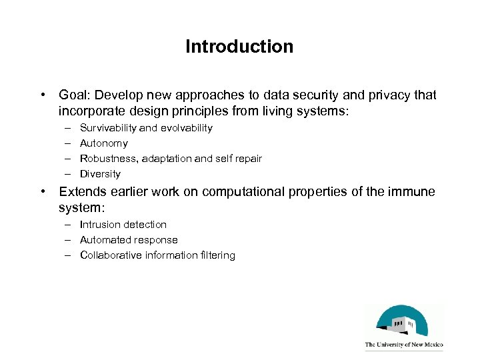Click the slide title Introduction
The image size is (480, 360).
tap(239, 47)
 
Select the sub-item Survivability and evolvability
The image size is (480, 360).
tap(146, 127)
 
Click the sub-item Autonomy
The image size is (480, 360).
tap(103, 143)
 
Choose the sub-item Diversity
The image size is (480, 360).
tap(100, 173)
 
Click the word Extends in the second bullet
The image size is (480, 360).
tap(81, 192)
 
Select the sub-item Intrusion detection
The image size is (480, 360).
tap(123, 224)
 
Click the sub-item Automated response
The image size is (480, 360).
tap(128, 239)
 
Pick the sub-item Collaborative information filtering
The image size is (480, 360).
tap(157, 255)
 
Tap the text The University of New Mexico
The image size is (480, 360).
tap(403, 345)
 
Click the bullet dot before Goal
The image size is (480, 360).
tap(43, 95)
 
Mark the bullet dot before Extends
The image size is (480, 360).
tap(43, 192)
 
